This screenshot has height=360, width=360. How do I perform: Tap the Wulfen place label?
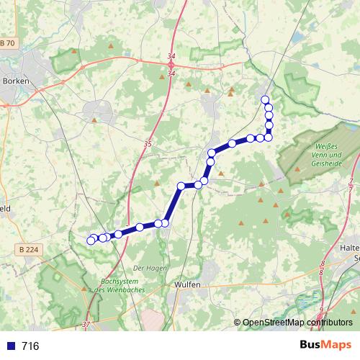tap(186, 284)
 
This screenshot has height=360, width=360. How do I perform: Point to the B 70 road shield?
tap(7, 43)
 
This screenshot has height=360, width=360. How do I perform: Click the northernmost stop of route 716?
tap(265, 99)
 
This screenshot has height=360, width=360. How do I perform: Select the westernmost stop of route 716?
tap(91, 240)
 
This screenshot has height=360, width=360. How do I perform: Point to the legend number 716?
tap(30, 346)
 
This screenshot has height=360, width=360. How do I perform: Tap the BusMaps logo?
tap(326, 346)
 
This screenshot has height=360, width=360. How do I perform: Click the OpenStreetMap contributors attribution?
tap(297, 323)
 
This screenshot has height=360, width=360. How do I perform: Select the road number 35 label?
tap(148, 144)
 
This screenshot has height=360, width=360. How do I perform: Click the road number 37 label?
tap(87, 325)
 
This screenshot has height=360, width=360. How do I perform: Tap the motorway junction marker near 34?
tap(171, 64)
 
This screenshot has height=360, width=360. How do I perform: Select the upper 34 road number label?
tap(171, 55)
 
